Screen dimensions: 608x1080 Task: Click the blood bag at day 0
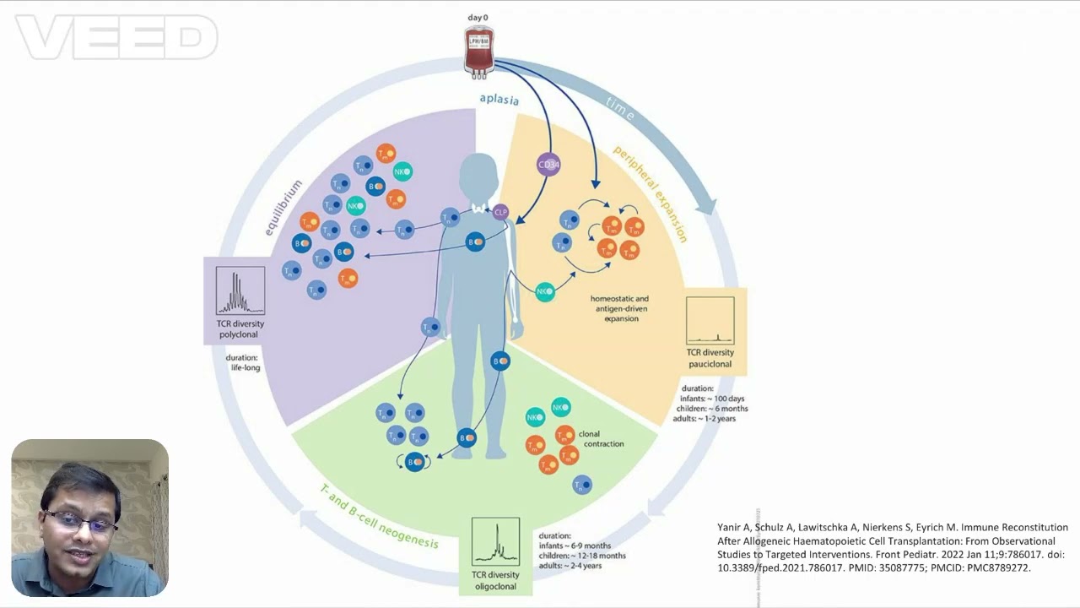[479, 50]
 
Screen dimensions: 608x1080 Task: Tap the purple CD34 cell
[548, 165]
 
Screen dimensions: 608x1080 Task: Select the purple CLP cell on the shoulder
[501, 212]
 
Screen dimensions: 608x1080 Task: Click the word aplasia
[499, 99]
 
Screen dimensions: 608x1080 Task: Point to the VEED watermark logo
[116, 38]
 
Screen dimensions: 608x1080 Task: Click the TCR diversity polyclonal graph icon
[240, 291]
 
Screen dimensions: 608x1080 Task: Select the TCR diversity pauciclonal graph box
[710, 321]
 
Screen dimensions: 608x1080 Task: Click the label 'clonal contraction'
[601, 439]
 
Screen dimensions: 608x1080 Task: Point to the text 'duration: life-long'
[242, 363]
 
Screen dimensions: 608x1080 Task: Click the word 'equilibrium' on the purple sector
[283, 207]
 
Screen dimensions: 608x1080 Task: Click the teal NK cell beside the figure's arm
[545, 292]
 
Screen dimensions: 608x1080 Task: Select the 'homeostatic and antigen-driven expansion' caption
[620, 309]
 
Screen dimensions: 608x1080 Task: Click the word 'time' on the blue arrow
[619, 110]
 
